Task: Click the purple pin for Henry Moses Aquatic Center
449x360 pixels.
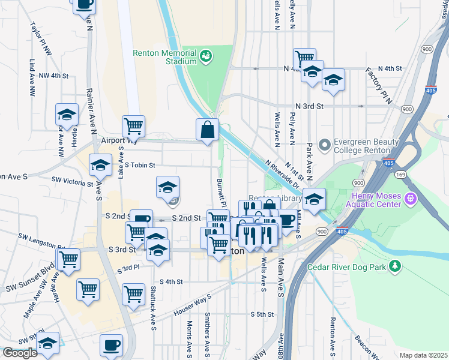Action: click(411, 198)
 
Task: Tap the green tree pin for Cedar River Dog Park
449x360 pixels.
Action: click(394, 265)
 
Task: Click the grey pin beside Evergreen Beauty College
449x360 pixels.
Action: click(325, 145)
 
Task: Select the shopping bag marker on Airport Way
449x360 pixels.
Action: click(207, 130)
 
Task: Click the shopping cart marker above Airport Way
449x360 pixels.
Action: click(133, 126)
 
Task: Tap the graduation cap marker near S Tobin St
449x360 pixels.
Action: click(100, 164)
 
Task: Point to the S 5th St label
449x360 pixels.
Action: click(262, 314)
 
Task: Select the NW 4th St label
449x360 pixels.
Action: click(54, 76)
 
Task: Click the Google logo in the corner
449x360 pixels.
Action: click(19, 353)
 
